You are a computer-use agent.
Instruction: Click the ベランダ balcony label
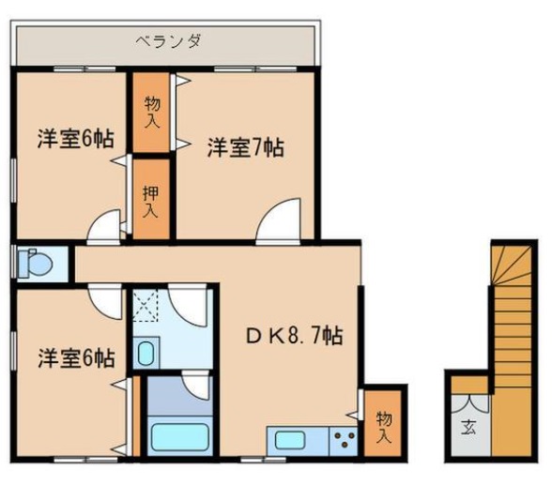tap(169, 40)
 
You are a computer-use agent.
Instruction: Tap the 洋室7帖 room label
tap(245, 147)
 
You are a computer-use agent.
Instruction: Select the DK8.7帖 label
tap(295, 336)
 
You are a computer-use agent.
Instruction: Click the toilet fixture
tap(35, 263)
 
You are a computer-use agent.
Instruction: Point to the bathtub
tap(180, 436)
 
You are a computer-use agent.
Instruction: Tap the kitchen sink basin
tap(290, 440)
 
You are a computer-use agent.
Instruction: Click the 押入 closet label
tap(150, 201)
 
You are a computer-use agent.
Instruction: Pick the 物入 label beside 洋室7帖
tap(152, 113)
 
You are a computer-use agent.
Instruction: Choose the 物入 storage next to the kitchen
tap(383, 428)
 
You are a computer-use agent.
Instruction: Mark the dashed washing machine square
tap(145, 305)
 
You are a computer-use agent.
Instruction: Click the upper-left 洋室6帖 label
tap(76, 139)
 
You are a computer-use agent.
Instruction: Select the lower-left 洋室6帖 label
tap(76, 358)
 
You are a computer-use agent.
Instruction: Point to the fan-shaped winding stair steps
tap(512, 265)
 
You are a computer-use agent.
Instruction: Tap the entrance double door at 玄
tap(470, 403)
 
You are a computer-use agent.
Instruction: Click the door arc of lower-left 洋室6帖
tap(105, 301)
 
